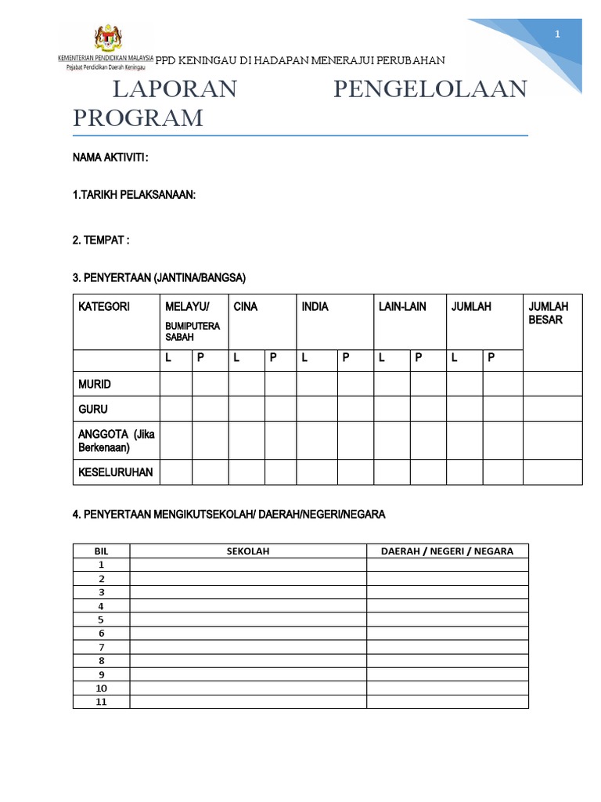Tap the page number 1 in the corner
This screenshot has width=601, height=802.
557,34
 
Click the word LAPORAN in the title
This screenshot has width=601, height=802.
175,89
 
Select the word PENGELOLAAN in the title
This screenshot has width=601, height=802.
430,89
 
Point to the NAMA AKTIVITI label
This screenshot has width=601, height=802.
110,157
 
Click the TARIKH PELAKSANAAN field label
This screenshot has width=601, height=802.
134,194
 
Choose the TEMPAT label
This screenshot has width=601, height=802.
100,240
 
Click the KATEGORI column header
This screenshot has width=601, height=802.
104,306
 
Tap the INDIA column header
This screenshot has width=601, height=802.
315,306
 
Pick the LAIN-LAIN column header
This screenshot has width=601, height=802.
402,306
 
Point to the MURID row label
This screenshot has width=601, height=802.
95,384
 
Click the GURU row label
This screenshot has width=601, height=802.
93,409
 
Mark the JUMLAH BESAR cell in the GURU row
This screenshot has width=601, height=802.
552,409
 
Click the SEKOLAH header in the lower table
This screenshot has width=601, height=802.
248,551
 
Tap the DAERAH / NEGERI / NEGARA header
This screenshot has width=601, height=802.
447,551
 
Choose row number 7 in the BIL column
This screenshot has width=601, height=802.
101,647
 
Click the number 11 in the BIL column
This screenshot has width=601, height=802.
101,702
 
